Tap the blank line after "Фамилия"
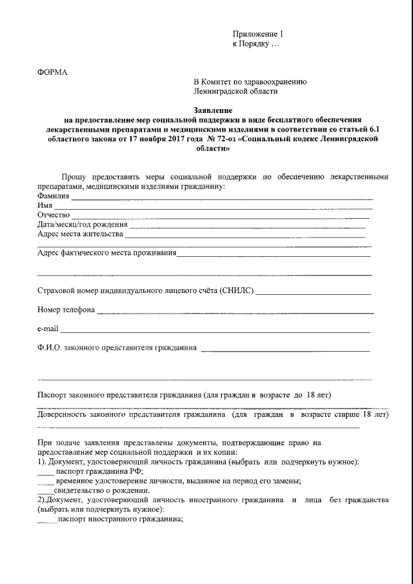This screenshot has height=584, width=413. click(x=222, y=197)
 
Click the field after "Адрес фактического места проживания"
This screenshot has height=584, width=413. click(x=274, y=255)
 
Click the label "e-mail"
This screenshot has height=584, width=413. click(x=48, y=329)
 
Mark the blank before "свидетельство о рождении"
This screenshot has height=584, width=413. click(x=46, y=492)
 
